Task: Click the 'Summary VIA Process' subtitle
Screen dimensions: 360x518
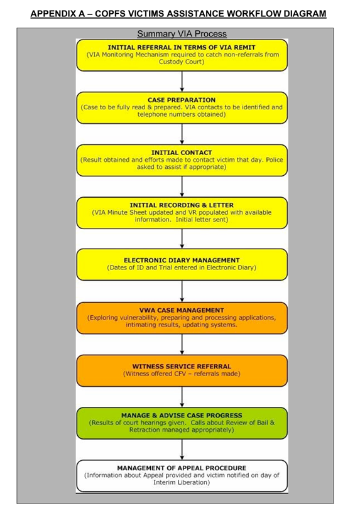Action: pyautogui.click(x=182, y=34)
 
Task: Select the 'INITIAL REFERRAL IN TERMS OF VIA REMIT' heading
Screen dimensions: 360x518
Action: pyautogui.click(x=182, y=47)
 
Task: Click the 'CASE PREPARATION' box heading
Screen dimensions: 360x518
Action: pyautogui.click(x=182, y=100)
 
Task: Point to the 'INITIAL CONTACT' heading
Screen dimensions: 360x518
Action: pyautogui.click(x=182, y=153)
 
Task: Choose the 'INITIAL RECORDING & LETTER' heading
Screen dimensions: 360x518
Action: pyautogui.click(x=182, y=205)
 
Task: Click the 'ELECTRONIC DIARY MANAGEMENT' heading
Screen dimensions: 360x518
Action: pyautogui.click(x=182, y=260)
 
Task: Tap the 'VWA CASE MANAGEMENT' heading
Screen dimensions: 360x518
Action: pyautogui.click(x=182, y=310)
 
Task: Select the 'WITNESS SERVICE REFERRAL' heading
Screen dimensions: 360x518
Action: pyautogui.click(x=182, y=366)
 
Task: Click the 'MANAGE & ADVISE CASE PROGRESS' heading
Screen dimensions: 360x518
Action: pyautogui.click(x=182, y=415)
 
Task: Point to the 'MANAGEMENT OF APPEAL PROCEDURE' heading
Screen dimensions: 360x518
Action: pyautogui.click(x=182, y=468)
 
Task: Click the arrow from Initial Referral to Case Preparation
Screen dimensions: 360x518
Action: pyautogui.click(x=182, y=81)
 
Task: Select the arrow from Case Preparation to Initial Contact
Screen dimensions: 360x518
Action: pyautogui.click(x=182, y=134)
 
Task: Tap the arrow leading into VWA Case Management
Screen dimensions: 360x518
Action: pyautogui.click(x=182, y=291)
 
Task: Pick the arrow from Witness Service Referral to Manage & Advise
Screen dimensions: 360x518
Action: pyautogui.click(x=182, y=397)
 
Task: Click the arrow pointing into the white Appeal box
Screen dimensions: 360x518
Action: pyautogui.click(x=182, y=450)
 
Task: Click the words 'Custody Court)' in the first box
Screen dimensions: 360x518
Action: pyautogui.click(x=182, y=62)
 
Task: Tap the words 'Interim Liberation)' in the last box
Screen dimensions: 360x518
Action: pyautogui.click(x=182, y=482)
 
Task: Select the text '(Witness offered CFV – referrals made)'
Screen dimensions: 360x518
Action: pyautogui.click(x=182, y=374)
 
